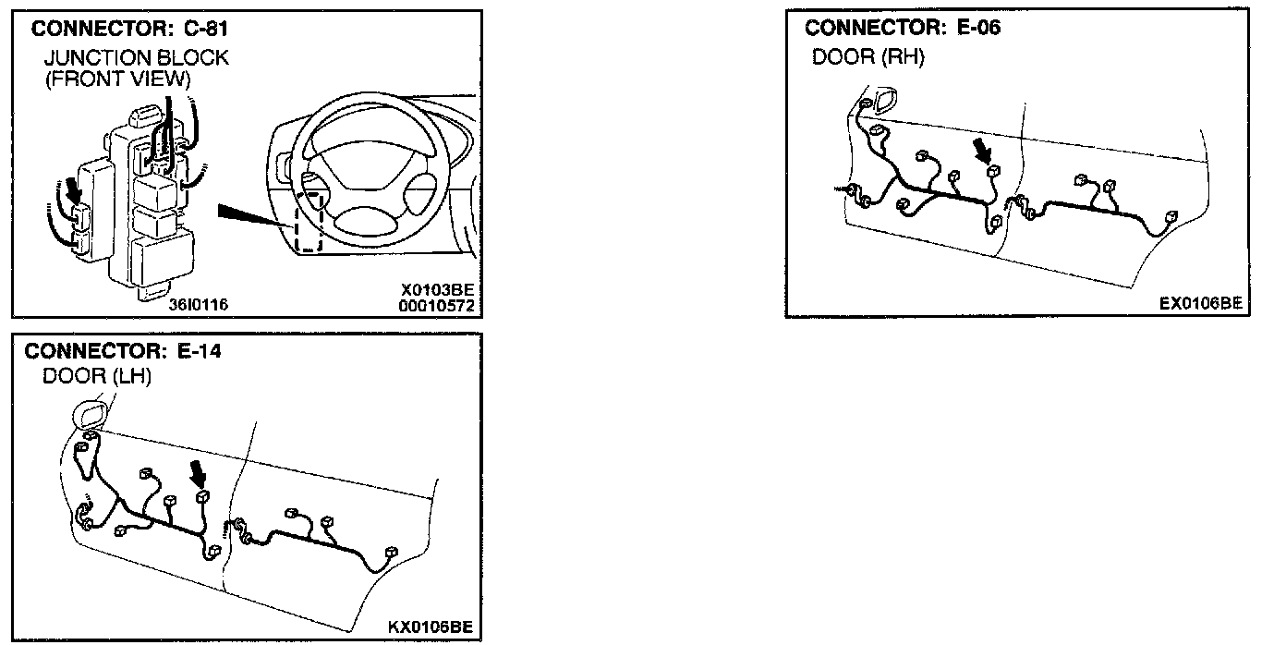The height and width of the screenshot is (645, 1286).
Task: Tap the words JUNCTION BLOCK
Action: point(136,58)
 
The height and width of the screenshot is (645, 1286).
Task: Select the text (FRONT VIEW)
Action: point(117,79)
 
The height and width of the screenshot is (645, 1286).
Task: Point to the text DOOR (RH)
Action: point(867,57)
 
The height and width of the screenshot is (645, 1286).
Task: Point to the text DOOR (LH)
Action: point(97,377)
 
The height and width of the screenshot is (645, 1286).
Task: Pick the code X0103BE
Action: point(437,290)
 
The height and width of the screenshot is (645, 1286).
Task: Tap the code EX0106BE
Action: point(1201,303)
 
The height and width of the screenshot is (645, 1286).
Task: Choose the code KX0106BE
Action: point(431,627)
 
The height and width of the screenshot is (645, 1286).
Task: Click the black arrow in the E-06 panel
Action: point(982,152)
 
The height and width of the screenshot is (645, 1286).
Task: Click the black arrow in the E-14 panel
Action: point(197,476)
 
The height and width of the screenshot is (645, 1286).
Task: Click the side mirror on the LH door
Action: point(89,413)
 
